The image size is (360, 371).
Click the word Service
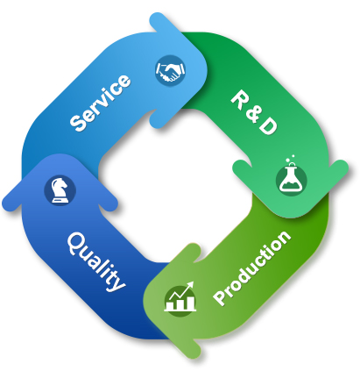click(x=100, y=102)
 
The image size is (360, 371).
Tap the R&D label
click(x=253, y=112)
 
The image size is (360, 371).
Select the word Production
click(x=251, y=268)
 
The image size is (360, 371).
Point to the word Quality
click(x=96, y=261)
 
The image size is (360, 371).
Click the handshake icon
click(x=170, y=70)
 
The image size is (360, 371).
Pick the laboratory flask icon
click(x=291, y=177)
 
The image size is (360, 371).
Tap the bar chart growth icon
click(x=180, y=298)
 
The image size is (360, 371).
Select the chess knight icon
click(x=60, y=190)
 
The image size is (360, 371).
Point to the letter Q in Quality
click(x=76, y=242)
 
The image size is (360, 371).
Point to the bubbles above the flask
click(x=291, y=159)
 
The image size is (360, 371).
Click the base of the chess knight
click(x=60, y=200)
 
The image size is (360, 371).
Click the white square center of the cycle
click(x=175, y=186)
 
